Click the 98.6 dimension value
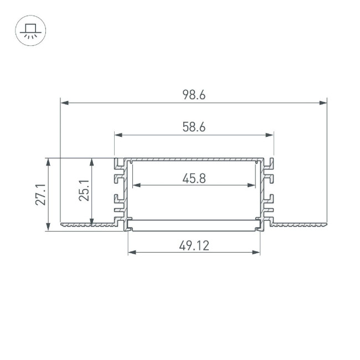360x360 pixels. click(x=194, y=95)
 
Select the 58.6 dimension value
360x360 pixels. click(x=194, y=127)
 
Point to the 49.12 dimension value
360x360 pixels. click(x=194, y=245)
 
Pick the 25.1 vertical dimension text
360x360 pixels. click(x=84, y=190)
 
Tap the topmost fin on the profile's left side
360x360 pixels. click(x=118, y=163)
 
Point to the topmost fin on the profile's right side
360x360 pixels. click(x=270, y=163)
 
